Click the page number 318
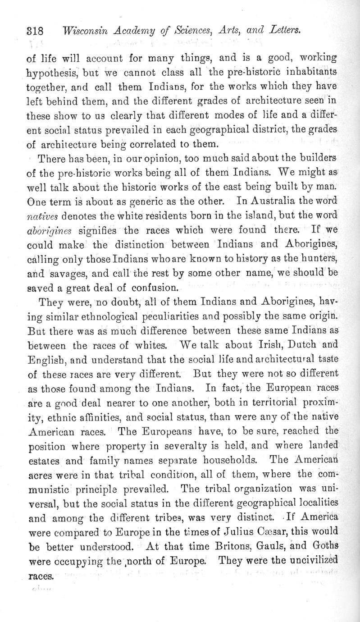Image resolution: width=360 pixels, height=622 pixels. click(35, 32)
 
